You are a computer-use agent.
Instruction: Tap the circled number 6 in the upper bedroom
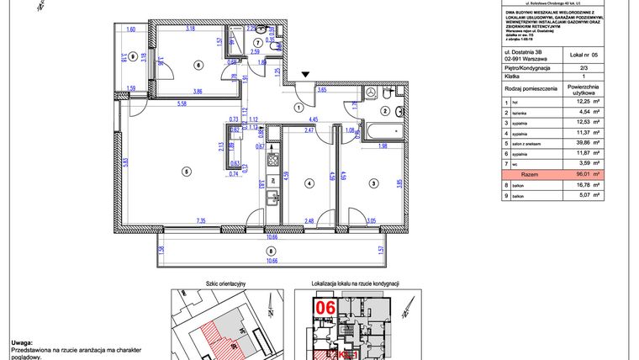(198, 65)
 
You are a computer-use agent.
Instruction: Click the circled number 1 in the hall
(298, 107)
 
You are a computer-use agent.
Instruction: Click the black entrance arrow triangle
(306, 74)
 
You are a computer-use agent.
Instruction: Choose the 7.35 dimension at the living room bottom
(201, 221)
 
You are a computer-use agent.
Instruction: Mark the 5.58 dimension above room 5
(182, 103)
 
